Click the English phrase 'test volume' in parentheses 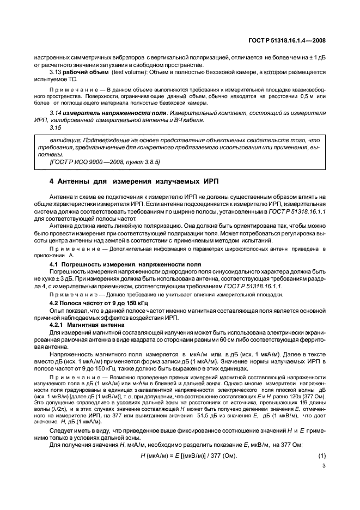tap(127, 72)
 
